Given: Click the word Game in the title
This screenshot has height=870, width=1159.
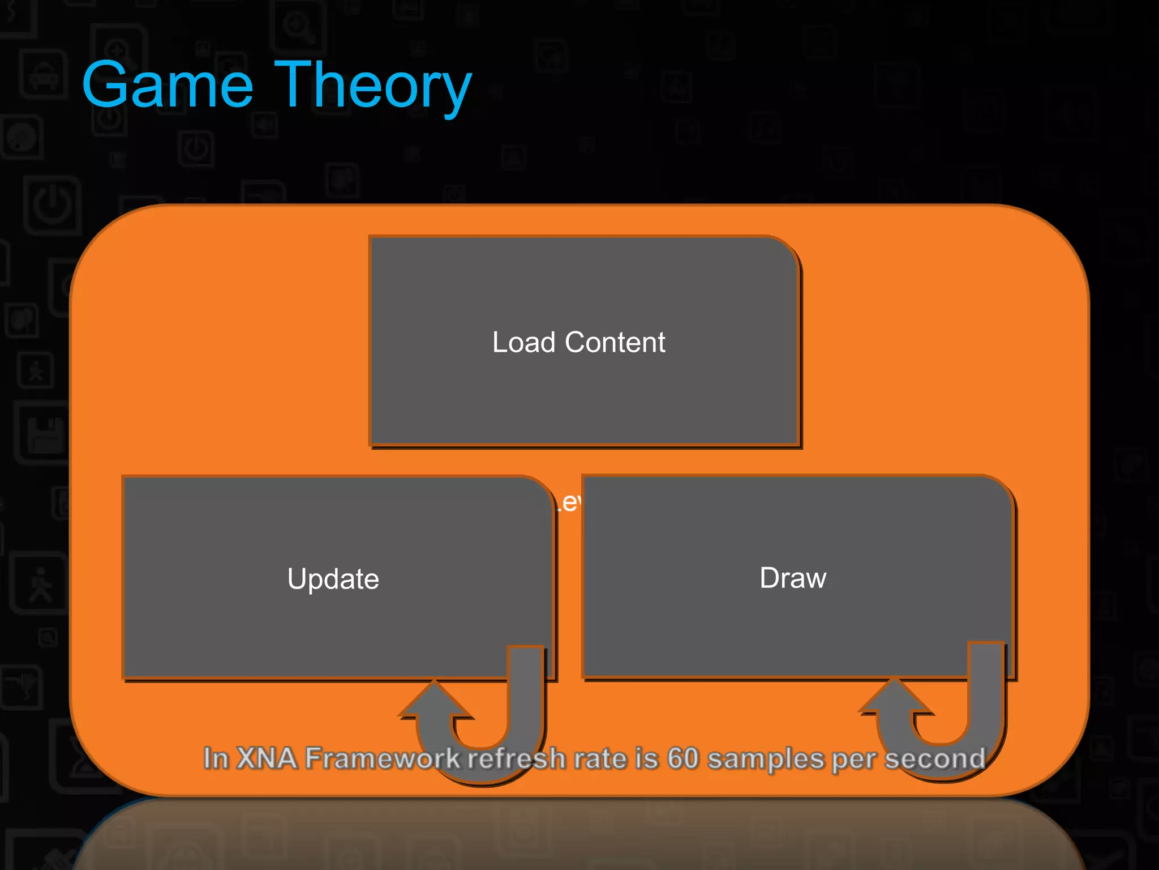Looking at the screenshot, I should click(168, 86).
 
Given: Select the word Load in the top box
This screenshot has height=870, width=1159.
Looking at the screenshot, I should click(523, 342).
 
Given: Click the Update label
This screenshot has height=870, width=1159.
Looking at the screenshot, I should click(333, 579).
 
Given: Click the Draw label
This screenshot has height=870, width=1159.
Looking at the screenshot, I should click(793, 578).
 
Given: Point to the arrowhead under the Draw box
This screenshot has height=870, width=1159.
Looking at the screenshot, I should click(895, 696).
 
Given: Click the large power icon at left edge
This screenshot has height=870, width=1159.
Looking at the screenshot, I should click(52, 205).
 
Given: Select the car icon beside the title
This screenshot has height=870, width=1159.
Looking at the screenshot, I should click(44, 76).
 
